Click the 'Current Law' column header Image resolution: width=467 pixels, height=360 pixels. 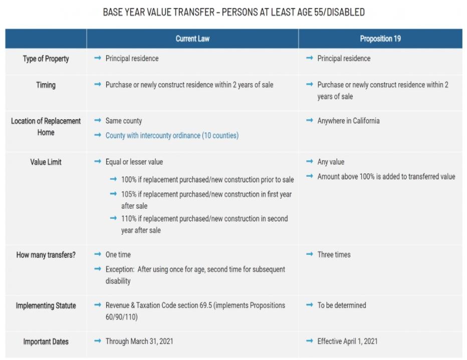coord(192,39)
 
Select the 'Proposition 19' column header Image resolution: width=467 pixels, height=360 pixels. coord(380,39)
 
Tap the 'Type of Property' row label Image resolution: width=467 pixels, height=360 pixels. coord(46,59)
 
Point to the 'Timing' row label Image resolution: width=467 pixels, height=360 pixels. coord(46,85)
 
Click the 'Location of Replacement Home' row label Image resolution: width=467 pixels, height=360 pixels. coord(46,127)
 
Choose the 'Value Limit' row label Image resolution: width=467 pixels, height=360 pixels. coord(46,162)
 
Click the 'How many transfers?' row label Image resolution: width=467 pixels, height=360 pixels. coord(46,255)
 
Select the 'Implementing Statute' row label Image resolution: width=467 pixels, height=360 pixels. coord(46,305)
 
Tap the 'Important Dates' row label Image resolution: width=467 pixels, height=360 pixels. coord(46,342)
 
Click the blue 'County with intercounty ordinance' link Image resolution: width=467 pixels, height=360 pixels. coord(172,136)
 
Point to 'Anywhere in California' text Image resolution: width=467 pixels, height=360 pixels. coord(348,121)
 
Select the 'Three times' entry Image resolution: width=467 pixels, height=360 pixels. coord(334,255)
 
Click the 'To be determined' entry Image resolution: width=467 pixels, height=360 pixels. coord(342,305)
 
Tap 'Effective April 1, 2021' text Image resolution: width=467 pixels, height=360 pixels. coord(347,341)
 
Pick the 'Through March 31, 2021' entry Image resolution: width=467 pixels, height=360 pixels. coord(139,341)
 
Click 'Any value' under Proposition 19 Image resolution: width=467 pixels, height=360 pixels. coord(331,162)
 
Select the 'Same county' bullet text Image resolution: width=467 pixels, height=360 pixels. coord(124,121)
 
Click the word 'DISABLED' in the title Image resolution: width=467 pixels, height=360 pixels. coord(346,12)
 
